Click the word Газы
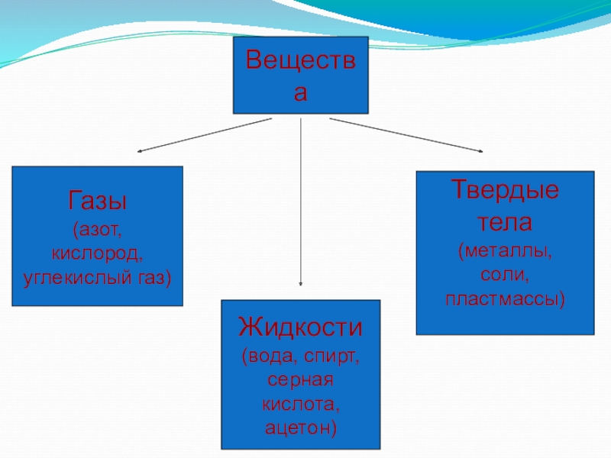click(98, 202)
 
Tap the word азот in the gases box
click(99, 228)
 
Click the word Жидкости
click(300, 328)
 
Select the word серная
click(300, 379)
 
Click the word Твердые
click(504, 189)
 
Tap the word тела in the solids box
click(504, 224)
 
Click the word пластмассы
click(504, 296)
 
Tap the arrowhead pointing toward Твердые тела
click(480, 150)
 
